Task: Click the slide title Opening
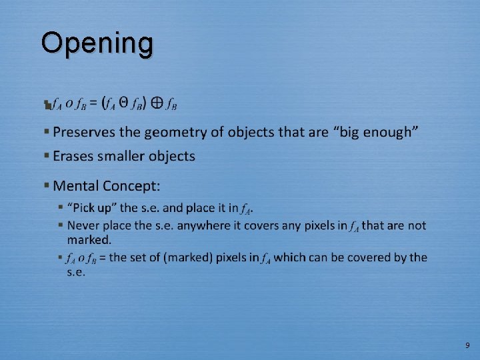(x=97, y=43)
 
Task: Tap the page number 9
(x=467, y=345)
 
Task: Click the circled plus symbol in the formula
(x=157, y=103)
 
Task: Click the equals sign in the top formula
(x=94, y=104)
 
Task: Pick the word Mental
(x=77, y=185)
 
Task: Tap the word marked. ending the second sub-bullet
(x=89, y=239)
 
